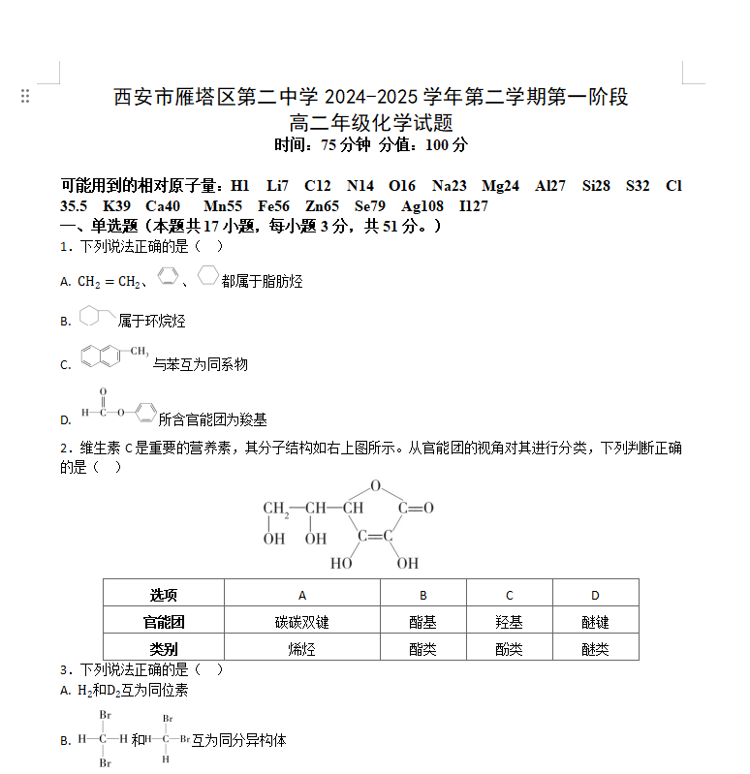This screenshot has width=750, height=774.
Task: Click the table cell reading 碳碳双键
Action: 302,622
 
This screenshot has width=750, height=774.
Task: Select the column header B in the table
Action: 423,595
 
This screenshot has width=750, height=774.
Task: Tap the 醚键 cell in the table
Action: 595,622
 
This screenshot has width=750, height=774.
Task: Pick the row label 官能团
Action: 164,622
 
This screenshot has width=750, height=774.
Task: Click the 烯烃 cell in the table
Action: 302,648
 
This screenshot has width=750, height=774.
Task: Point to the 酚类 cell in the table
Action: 509,648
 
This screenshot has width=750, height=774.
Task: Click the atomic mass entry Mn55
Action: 223,205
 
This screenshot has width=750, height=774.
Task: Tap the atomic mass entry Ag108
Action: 422,205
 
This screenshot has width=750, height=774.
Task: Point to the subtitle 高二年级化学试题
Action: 371,123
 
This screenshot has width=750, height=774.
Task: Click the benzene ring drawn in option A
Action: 167,277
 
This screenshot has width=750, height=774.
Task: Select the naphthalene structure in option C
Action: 102,357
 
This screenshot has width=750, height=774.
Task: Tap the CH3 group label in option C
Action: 139,350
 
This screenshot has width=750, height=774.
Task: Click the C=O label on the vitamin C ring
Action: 416,508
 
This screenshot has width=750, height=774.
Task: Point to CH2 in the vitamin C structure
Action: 276,508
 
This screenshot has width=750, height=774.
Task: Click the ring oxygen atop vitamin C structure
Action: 375,486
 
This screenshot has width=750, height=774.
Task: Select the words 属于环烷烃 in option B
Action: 151,321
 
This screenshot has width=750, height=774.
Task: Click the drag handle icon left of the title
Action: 25,96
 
